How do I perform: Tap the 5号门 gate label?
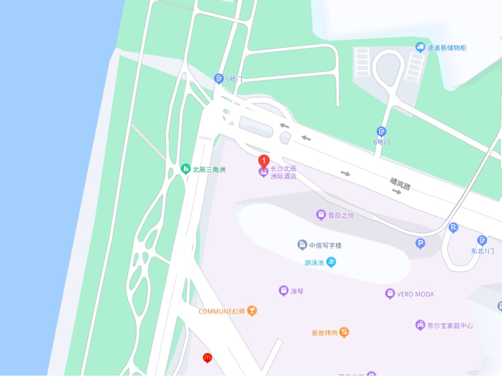tap(234, 79)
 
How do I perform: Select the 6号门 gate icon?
tap(381, 131)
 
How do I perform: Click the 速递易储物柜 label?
tap(446, 48)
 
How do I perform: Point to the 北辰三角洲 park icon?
tap(185, 169)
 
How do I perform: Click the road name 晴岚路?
tap(401, 184)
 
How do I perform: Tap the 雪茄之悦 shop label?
tap(341, 215)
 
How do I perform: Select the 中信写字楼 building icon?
tap(303, 245)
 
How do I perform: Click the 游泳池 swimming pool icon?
tap(331, 262)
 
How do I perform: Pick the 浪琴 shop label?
tap(297, 291)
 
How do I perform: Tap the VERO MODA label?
tap(415, 294)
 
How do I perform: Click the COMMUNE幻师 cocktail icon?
tap(252, 311)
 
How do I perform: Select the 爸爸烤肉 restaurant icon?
tap(344, 332)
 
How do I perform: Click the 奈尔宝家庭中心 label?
tap(450, 326)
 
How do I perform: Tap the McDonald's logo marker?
tap(208, 357)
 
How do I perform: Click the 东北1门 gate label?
tap(482, 251)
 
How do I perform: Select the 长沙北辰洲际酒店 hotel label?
tap(283, 172)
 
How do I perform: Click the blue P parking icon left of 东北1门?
tap(420, 244)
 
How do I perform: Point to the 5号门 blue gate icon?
tap(219, 78)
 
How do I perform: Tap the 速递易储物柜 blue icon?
tap(420, 47)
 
